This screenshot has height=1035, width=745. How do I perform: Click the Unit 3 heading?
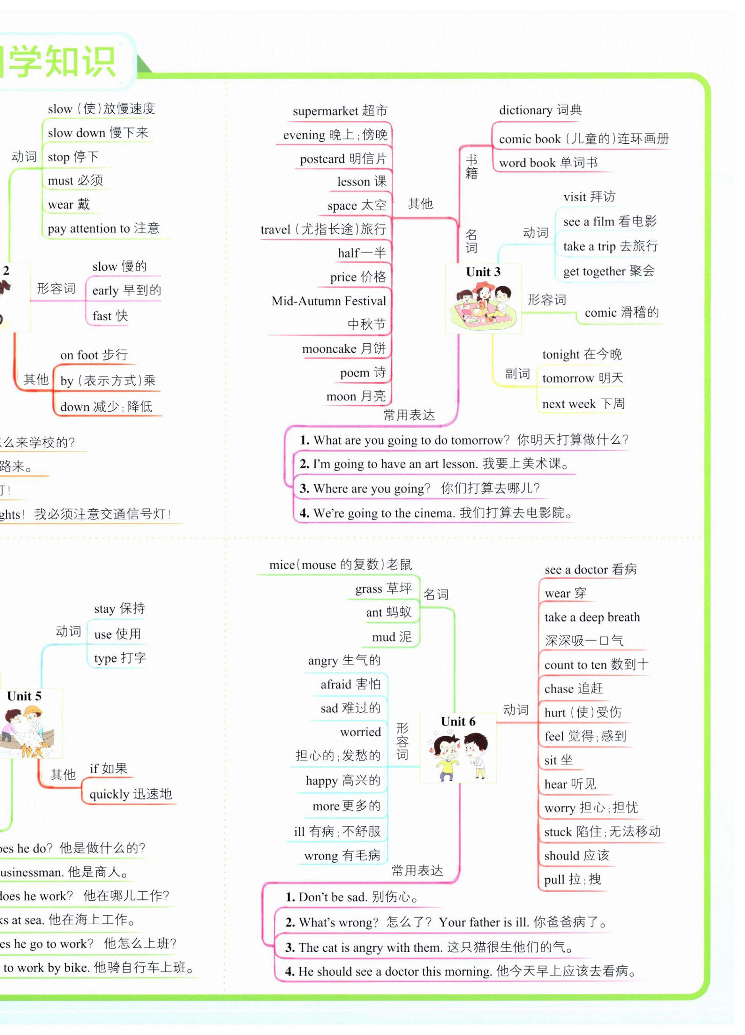(483, 272)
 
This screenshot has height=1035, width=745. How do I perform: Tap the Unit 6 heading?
(458, 721)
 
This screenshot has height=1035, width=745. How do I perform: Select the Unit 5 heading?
(24, 696)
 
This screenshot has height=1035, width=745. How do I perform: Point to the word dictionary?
(526, 110)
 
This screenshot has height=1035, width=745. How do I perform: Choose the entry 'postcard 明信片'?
(343, 159)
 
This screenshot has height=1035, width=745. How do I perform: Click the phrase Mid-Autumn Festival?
(328, 301)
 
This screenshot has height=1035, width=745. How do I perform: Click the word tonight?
(560, 354)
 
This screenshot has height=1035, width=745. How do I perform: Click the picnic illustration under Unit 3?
(483, 306)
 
